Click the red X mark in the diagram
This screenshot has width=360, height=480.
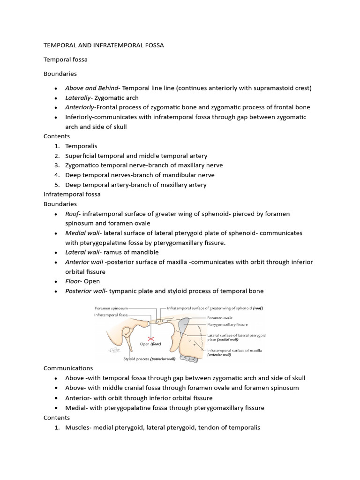151,338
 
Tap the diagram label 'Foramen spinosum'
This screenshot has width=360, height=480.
111,308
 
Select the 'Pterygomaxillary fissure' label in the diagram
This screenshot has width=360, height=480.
227,324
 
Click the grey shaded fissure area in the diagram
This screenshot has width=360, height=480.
184,323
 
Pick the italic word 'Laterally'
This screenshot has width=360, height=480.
78,97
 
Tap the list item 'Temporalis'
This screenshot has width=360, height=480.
81,146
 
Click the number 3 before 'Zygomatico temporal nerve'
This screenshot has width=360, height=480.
56,165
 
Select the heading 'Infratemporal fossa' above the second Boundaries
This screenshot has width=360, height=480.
72,194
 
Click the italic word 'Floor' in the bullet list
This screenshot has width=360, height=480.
73,281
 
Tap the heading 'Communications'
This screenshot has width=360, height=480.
68,368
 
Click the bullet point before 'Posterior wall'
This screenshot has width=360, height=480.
56,292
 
